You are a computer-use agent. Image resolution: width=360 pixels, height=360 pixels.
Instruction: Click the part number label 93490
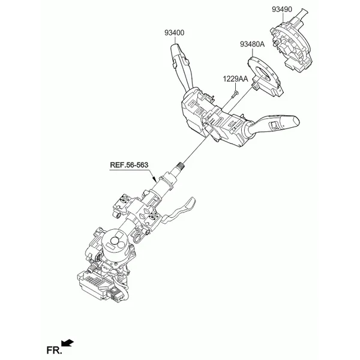pos(282,9)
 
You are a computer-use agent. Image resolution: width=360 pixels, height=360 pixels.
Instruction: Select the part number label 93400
pos(174,33)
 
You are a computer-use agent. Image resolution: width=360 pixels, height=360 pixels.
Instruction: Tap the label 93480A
pos(253,44)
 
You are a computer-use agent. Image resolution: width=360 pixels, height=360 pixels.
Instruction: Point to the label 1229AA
pos(236,79)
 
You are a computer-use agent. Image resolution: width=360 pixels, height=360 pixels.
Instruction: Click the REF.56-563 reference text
pos(129,165)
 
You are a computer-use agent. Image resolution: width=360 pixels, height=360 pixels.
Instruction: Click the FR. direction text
pos(54,350)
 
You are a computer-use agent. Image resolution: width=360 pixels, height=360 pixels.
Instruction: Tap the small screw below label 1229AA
pos(235,94)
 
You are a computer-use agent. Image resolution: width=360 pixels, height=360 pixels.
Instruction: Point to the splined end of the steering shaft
pos(181,165)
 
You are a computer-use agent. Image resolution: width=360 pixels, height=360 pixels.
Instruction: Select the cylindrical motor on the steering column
pos(115,245)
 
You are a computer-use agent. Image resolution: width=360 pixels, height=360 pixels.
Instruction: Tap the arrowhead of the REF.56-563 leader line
pos(155,180)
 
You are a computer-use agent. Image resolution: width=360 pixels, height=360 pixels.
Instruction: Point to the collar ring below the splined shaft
pos(167,181)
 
